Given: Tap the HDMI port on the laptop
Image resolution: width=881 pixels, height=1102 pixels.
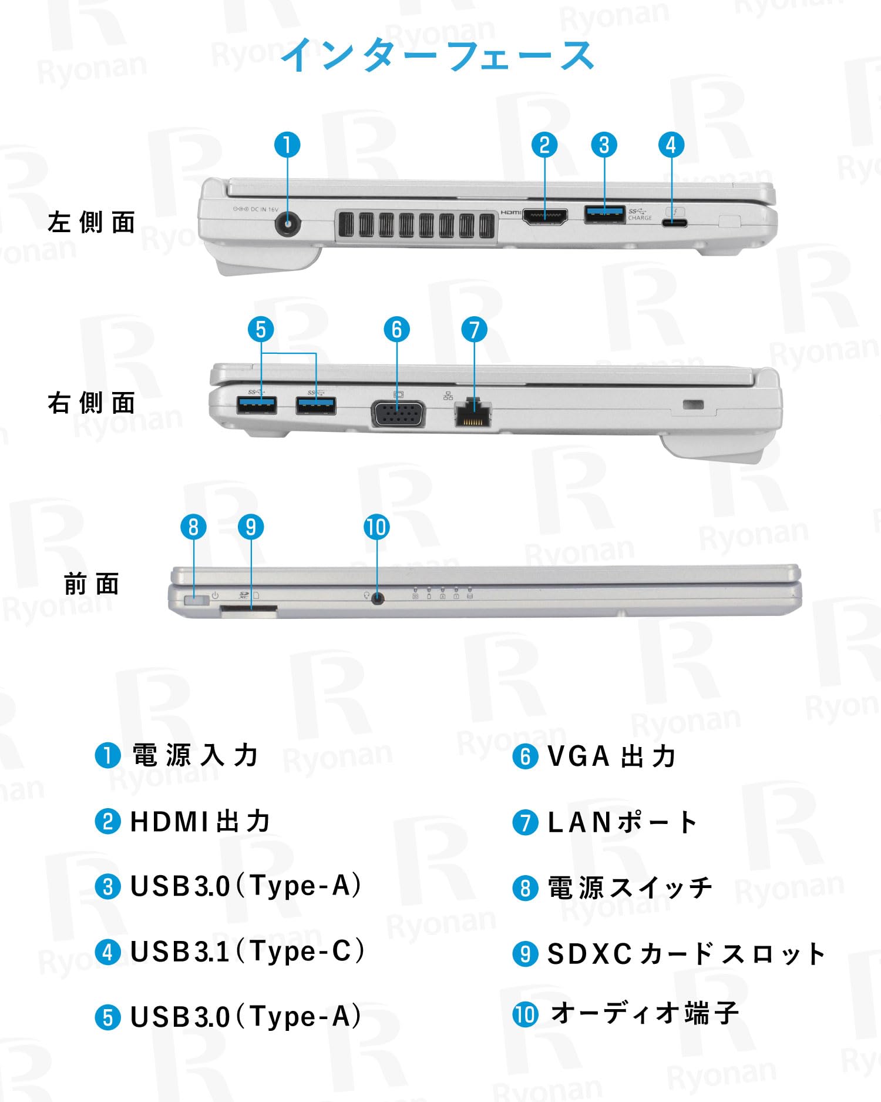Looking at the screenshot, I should pos(545,217).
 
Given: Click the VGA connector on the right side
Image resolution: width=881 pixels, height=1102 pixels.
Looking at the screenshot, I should pos(398,413).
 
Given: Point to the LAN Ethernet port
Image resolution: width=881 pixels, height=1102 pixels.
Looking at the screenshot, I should pos(473,414).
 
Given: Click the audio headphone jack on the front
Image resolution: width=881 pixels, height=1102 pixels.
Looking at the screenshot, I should pos(378,598).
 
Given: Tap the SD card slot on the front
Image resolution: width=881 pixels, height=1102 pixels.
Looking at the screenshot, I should pos(249,612).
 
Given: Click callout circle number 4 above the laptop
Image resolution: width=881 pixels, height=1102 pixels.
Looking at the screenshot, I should pos(671,145).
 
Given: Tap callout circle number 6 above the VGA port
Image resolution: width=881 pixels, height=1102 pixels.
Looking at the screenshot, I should pos(396,330).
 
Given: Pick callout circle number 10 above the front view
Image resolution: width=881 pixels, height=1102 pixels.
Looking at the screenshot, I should pos(376,527).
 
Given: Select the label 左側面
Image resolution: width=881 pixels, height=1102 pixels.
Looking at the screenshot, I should pos(92,223).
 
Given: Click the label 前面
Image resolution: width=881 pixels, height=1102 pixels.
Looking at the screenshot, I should pos(92,584).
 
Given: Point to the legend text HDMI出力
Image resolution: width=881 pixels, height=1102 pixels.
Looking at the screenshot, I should pos(200,821).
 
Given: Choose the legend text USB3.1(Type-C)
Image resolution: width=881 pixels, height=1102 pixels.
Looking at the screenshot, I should pos(247,951).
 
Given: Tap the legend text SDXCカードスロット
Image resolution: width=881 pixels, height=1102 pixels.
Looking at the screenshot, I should pos(686,953).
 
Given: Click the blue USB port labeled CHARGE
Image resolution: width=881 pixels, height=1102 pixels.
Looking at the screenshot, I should pos(604,215).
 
